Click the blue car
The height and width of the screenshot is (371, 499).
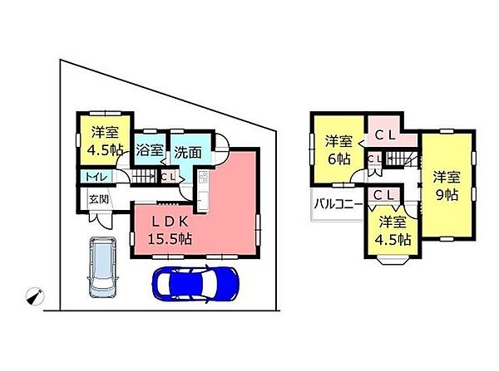pyautogui.click(x=195, y=283)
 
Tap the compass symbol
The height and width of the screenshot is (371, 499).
pyautogui.click(x=33, y=295)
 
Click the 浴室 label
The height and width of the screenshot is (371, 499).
pyautogui.click(x=150, y=152)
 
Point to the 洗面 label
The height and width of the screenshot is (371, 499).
pyautogui.click(x=187, y=152)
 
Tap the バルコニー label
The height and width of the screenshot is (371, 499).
pyautogui.click(x=337, y=203)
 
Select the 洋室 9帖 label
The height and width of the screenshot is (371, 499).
pyautogui.click(x=447, y=185)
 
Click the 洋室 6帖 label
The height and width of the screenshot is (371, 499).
pyautogui.click(x=338, y=149)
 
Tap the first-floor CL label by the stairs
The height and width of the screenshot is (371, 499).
pyautogui.click(x=168, y=176)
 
